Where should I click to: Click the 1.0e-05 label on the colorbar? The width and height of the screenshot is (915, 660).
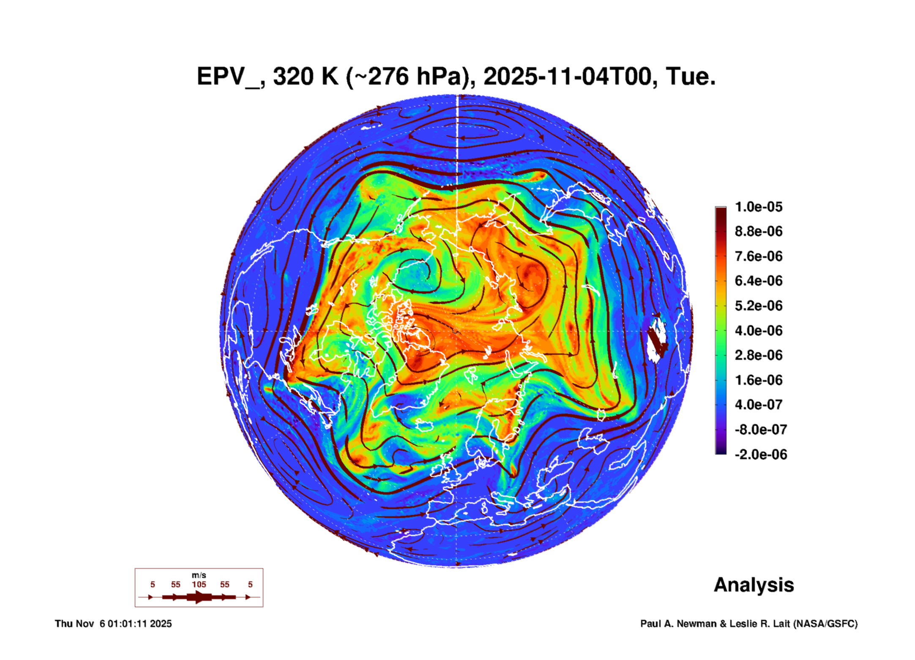[x=759, y=207]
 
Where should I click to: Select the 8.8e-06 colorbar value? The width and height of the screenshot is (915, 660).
[x=759, y=231]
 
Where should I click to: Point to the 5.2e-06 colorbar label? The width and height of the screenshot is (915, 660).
[x=759, y=306]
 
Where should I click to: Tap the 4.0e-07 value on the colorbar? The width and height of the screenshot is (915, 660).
[x=759, y=405]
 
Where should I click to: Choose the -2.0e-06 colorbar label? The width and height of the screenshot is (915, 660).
[x=761, y=455]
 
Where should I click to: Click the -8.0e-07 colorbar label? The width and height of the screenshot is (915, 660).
[x=761, y=430]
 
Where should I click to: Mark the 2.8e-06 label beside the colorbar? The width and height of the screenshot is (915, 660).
[x=759, y=355]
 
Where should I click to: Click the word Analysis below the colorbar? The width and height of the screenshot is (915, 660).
[x=754, y=585]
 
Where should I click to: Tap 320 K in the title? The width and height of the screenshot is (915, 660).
[x=306, y=77]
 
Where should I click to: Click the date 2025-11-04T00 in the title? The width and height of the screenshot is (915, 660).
[x=570, y=77]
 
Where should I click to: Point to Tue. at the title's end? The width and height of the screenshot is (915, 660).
[x=691, y=77]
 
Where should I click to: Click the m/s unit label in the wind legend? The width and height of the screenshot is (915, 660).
[x=199, y=575]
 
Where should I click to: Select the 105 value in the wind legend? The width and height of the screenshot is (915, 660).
[x=199, y=585]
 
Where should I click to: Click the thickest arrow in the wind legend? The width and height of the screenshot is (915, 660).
[x=199, y=597]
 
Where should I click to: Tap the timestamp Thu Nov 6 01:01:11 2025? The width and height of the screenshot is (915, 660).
[x=113, y=624]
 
